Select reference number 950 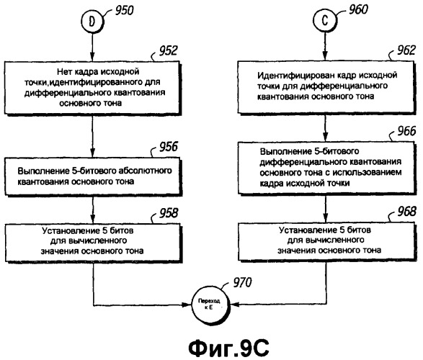[x=125, y=10]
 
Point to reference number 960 [x=358, y=9]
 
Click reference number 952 [x=168, y=50]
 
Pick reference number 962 [x=406, y=50]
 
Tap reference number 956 [x=169, y=147]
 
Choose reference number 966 [x=406, y=131]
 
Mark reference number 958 [x=169, y=213]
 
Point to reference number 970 [x=242, y=282]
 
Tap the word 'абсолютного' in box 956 [x=145, y=171]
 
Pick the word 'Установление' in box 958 [x=70, y=230]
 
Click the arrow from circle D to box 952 [x=92, y=48]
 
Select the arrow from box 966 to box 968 [x=326, y=208]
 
